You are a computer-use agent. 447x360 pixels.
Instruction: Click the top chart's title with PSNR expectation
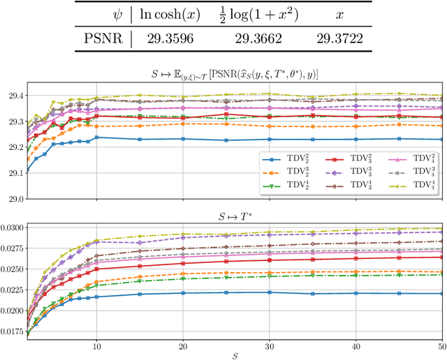point(234,75)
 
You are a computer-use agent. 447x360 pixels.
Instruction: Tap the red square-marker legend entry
point(344,159)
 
